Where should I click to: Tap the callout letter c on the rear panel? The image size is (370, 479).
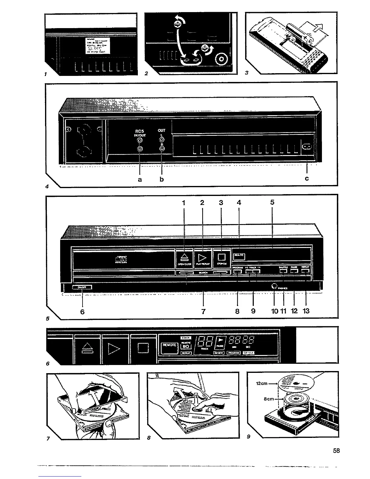(x=307, y=179)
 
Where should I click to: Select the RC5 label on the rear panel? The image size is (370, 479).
(x=140, y=131)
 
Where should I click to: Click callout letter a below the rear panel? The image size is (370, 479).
(x=140, y=179)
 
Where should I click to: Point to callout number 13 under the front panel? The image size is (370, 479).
(x=306, y=311)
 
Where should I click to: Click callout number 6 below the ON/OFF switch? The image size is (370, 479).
(x=82, y=311)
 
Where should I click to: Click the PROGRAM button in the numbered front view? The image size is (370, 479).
(x=238, y=271)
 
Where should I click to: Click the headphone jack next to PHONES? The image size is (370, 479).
(x=274, y=286)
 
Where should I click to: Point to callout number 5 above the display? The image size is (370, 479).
(x=272, y=203)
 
